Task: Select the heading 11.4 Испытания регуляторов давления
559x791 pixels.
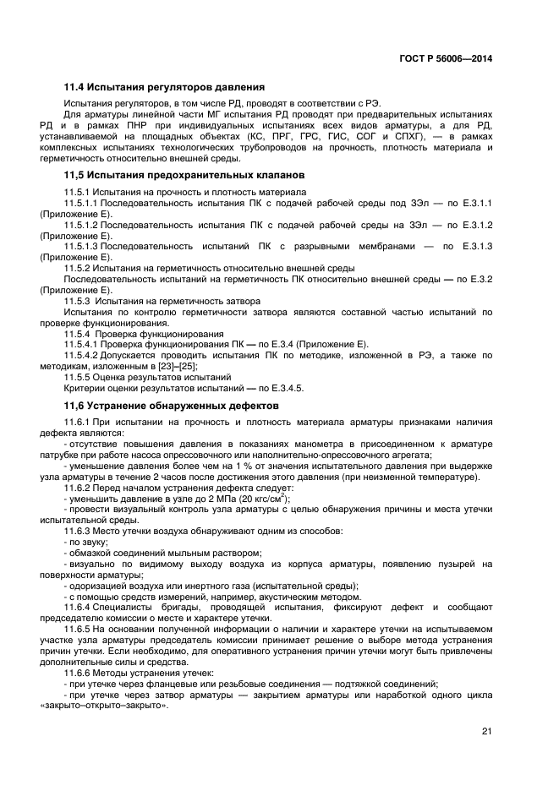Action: click(x=165, y=87)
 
